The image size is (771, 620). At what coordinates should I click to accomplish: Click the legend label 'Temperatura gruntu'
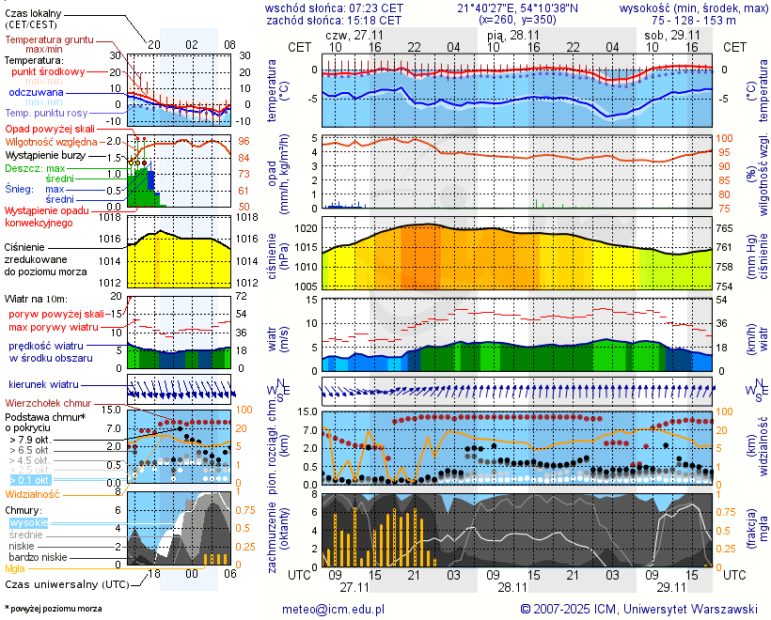(x=48, y=40)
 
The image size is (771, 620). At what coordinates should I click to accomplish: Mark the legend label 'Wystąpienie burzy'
(x=45, y=154)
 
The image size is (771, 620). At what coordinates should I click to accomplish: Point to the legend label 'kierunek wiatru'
(x=43, y=385)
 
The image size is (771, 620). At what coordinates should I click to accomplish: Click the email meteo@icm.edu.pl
(x=334, y=609)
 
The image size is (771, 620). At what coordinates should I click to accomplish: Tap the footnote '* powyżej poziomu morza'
(x=53, y=609)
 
